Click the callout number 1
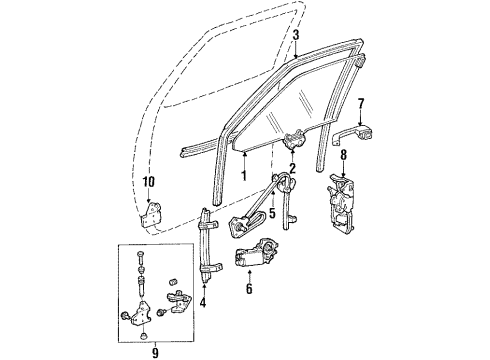pyautogui.click(x=243, y=175)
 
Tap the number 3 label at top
pyautogui.click(x=296, y=35)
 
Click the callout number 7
pyautogui.click(x=361, y=103)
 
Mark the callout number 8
pyautogui.click(x=345, y=154)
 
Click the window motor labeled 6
pyautogui.click(x=259, y=258)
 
